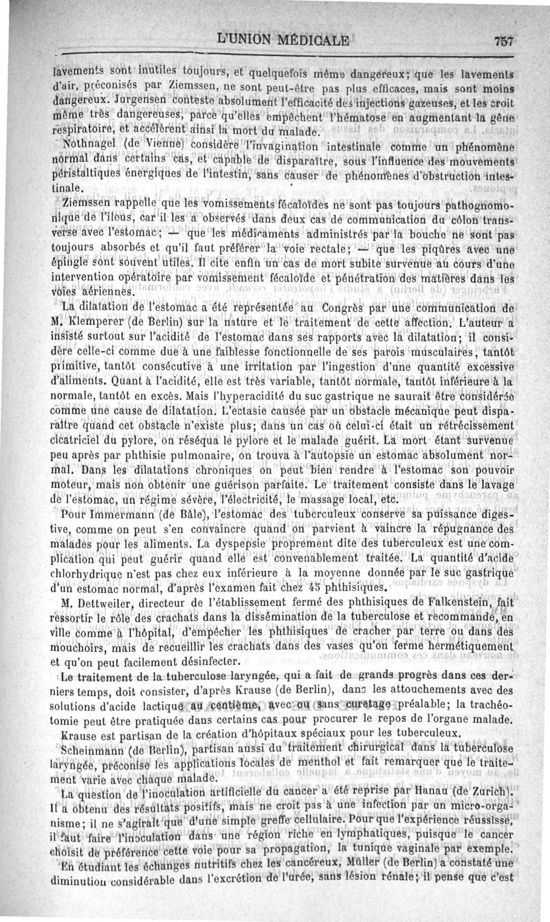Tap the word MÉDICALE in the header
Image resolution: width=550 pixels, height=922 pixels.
pyautogui.click(x=306, y=38)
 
